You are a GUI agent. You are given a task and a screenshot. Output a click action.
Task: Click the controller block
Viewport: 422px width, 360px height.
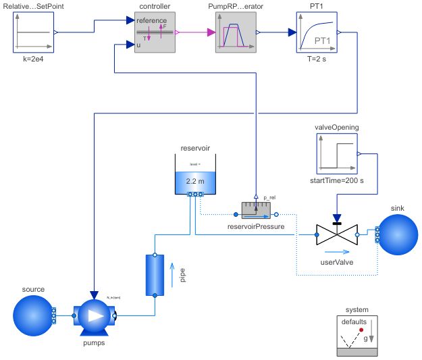click(154, 32)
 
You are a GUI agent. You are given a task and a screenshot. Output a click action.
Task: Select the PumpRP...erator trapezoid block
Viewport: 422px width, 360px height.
click(235, 32)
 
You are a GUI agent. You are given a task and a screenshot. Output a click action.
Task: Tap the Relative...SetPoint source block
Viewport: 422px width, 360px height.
click(32, 32)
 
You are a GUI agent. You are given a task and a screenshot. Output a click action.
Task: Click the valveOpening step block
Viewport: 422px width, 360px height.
click(336, 154)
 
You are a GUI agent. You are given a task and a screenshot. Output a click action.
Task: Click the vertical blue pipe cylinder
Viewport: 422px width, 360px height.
click(155, 275)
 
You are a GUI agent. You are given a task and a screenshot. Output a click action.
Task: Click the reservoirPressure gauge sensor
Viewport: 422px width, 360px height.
click(255, 207)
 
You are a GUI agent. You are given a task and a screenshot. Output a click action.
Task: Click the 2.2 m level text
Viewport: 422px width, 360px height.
click(194, 182)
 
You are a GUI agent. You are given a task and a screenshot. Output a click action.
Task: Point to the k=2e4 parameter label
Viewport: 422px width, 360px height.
click(32, 59)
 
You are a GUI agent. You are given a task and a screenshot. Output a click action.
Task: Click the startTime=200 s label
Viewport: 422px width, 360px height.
click(336, 180)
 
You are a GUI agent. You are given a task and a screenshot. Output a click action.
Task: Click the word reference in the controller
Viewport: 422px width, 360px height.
click(151, 20)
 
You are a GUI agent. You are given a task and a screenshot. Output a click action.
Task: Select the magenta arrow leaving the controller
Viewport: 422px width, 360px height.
click(196, 32)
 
